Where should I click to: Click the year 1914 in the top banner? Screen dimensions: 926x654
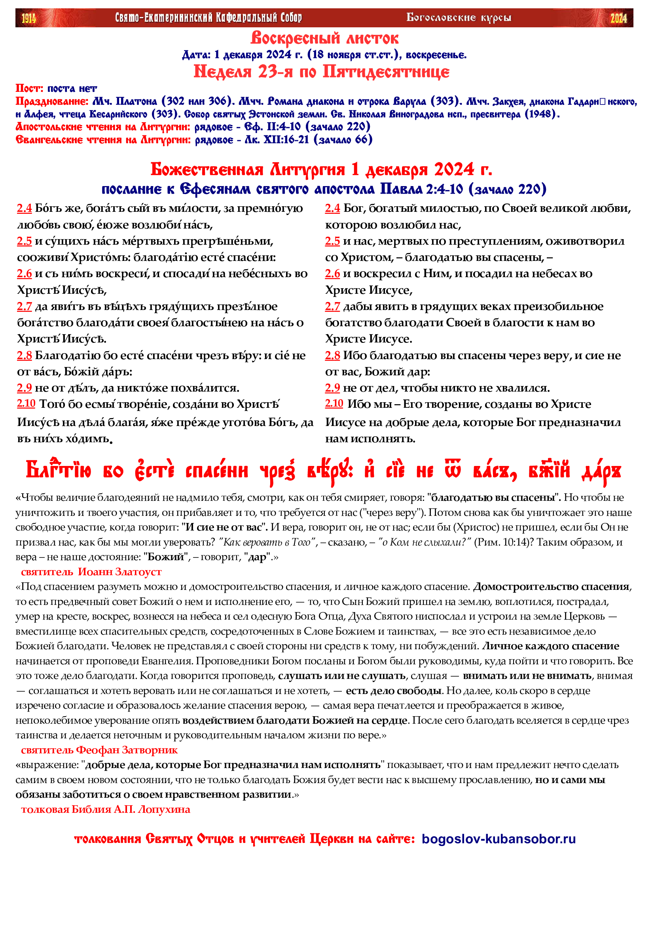(x=28, y=18)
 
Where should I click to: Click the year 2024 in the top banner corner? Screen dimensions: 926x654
(x=618, y=18)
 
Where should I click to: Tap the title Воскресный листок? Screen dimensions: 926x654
(x=324, y=38)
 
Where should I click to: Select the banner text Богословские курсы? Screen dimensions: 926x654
(x=459, y=18)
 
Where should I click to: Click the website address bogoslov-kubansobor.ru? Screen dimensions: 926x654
(x=499, y=839)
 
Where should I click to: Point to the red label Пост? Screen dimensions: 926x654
(x=29, y=88)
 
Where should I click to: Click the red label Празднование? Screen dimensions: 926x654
(x=52, y=101)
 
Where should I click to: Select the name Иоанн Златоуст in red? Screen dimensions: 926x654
(x=119, y=572)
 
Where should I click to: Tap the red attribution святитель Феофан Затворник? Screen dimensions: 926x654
(x=99, y=750)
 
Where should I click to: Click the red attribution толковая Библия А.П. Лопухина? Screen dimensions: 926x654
(x=106, y=810)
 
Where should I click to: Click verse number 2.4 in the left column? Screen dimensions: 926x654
(x=24, y=208)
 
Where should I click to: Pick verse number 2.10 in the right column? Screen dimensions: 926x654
(x=334, y=403)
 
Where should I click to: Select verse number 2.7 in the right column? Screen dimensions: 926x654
(x=332, y=306)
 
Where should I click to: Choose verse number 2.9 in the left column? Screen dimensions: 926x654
(x=24, y=388)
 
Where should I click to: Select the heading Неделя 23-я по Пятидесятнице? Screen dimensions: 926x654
(x=322, y=72)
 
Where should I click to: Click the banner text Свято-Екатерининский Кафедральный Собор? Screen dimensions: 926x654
(x=209, y=18)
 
